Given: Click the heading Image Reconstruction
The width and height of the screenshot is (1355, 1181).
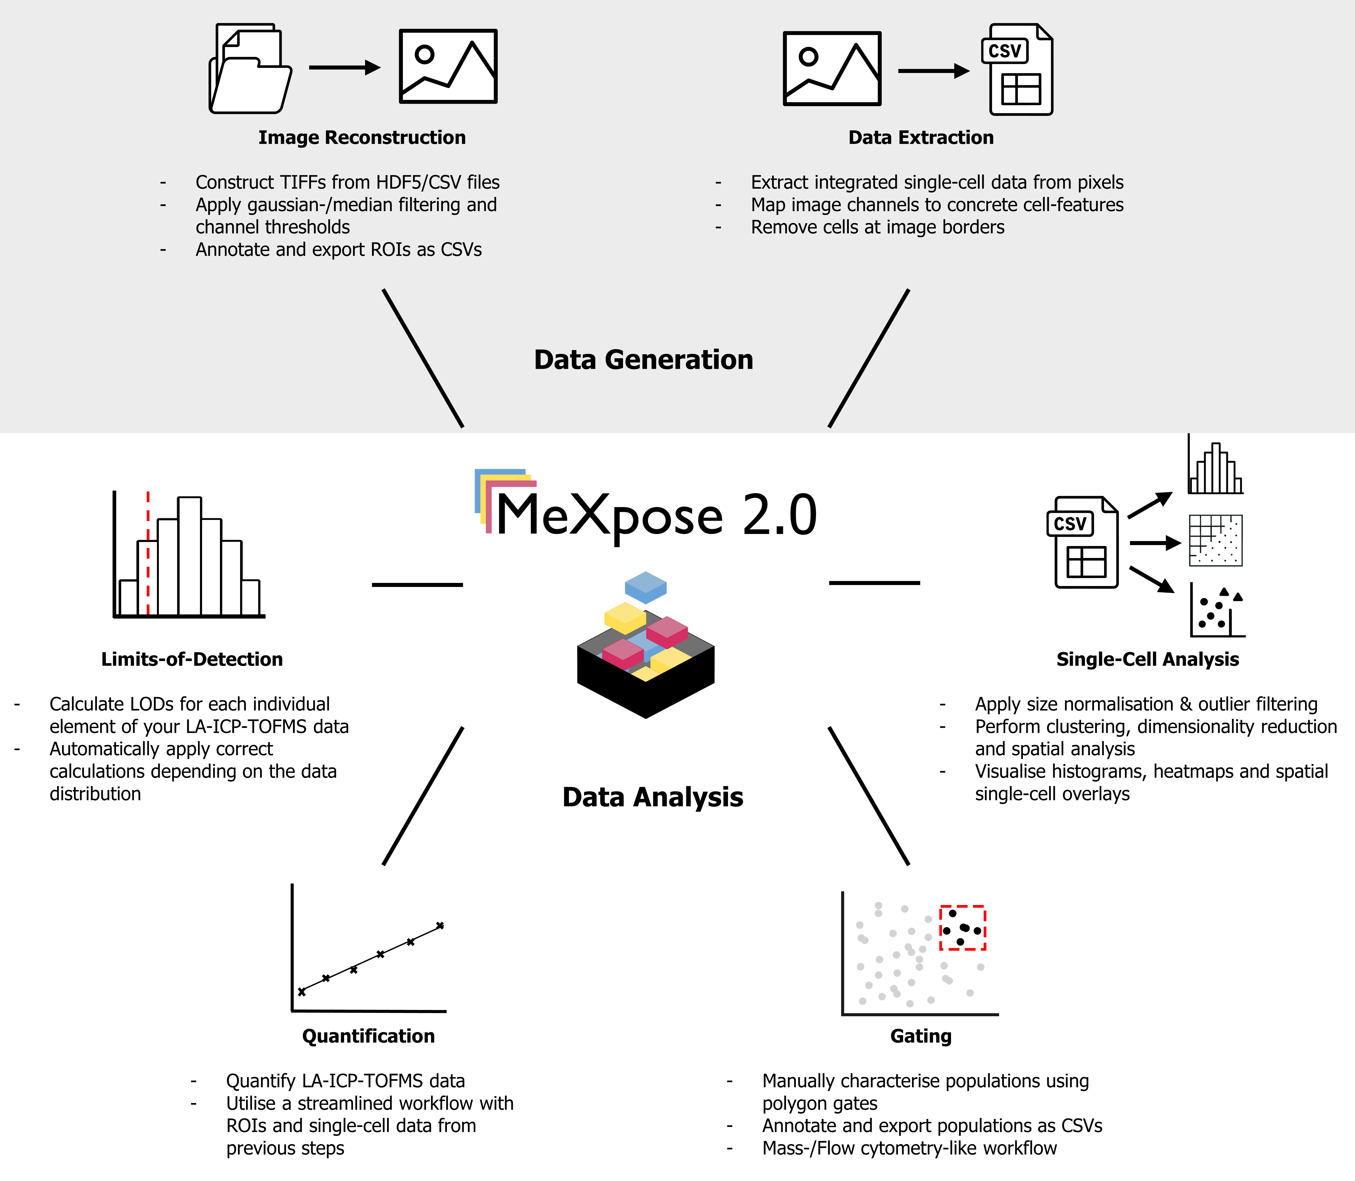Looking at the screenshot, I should (362, 138).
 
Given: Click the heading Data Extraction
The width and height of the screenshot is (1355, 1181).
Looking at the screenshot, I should (921, 138).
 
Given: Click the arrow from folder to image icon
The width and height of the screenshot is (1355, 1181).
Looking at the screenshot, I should (344, 67).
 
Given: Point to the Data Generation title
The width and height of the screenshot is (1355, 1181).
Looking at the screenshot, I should (643, 360).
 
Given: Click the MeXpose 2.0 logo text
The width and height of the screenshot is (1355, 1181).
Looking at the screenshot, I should (656, 515).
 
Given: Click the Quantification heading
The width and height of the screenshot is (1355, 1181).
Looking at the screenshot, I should (368, 1036).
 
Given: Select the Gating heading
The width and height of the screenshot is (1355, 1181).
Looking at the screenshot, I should (921, 1036).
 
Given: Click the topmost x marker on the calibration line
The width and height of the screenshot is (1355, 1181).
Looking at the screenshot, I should (440, 925).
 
